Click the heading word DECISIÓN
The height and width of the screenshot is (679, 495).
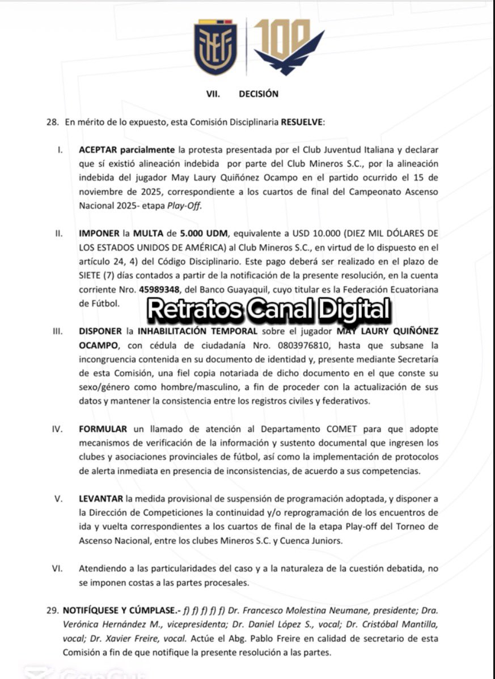[x=259, y=94]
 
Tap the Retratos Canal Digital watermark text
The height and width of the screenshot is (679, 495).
[x=269, y=309]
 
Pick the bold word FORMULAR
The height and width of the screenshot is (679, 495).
[x=103, y=429]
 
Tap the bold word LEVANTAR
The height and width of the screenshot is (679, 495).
[x=101, y=499]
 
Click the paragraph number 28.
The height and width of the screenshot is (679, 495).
[x=52, y=122]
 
